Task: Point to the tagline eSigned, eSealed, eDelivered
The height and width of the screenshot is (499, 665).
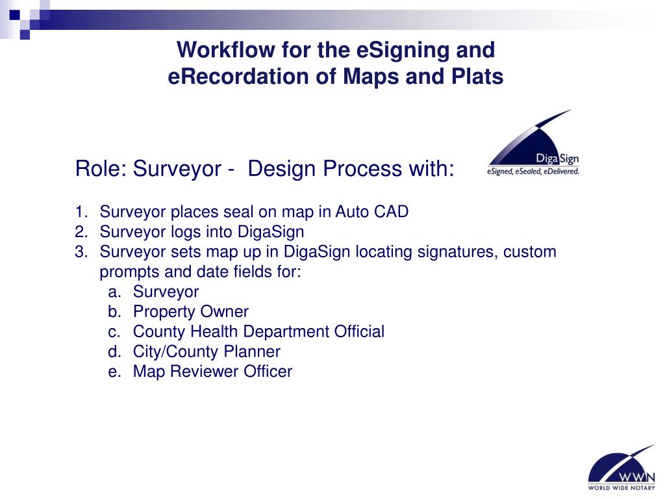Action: (533, 172)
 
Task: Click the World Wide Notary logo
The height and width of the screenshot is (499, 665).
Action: (621, 468)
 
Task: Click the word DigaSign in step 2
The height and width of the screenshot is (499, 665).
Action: (271, 232)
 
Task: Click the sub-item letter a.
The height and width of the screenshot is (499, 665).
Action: (114, 292)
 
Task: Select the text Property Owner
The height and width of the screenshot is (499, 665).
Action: (190, 312)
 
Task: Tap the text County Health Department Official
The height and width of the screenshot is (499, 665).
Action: (258, 332)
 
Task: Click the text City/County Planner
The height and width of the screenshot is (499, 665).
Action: (207, 352)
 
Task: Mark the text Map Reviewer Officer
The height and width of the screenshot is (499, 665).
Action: (212, 372)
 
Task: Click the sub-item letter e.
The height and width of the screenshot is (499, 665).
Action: (114, 372)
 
